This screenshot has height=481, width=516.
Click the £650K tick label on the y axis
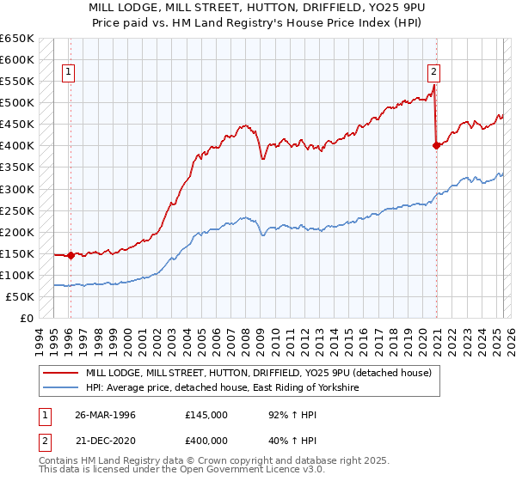[x=17, y=39]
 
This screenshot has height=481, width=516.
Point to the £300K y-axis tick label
[x=17, y=189]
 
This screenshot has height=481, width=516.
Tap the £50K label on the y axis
[x=21, y=296]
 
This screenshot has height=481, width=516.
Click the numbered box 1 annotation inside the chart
[x=67, y=73]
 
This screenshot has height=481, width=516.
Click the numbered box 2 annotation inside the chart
[x=434, y=73]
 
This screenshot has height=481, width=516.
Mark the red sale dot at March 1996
[x=71, y=255]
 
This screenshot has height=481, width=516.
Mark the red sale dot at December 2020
[x=436, y=145]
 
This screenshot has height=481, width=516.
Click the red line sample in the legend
[x=60, y=373]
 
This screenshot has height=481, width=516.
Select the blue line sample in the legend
[x=60, y=388]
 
